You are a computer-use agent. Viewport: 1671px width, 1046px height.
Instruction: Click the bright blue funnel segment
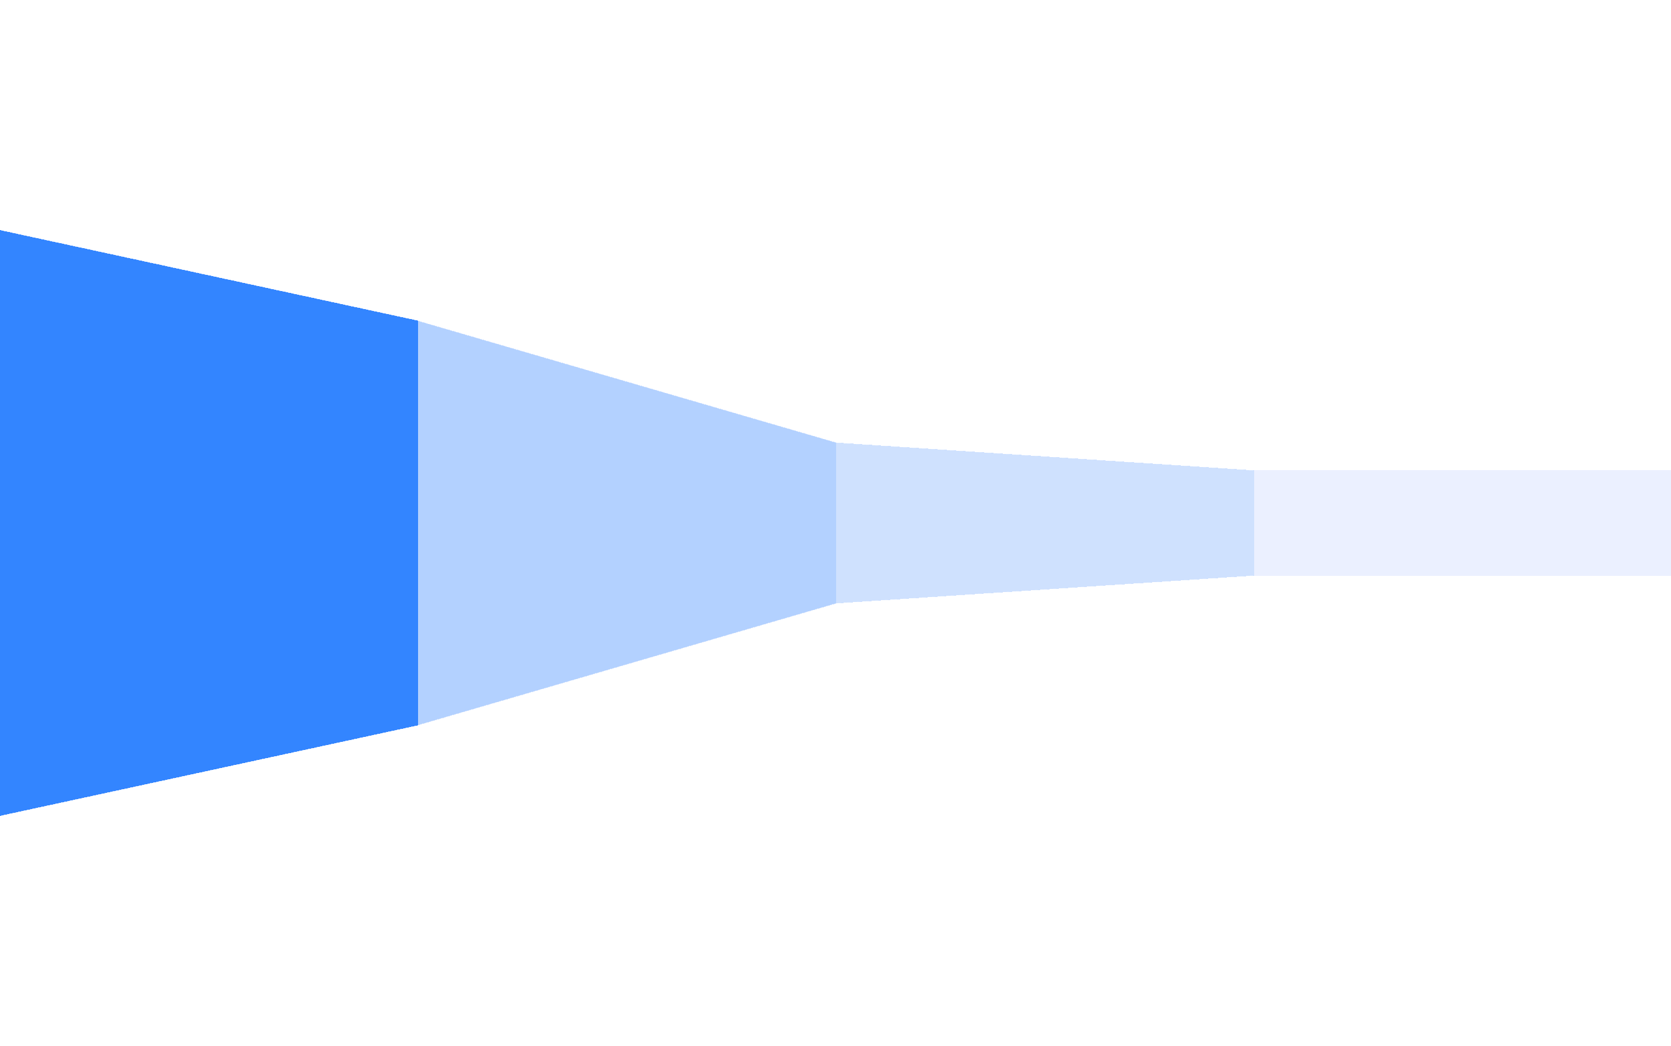(x=208, y=523)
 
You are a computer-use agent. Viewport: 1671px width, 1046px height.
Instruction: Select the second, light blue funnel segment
(x=626, y=523)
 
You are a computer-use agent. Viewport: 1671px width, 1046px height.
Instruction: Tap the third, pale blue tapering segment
(x=1045, y=523)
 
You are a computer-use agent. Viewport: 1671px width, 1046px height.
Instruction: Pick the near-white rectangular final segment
(x=1462, y=523)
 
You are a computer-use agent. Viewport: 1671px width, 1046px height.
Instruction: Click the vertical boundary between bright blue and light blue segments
(x=418, y=523)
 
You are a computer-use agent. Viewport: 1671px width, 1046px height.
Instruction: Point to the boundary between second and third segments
(x=836, y=523)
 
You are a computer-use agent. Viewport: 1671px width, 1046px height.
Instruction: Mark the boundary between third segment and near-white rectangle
(x=1254, y=523)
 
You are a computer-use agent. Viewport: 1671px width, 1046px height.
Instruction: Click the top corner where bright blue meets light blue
(x=418, y=321)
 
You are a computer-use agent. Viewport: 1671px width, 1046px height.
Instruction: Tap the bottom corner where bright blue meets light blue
(x=418, y=726)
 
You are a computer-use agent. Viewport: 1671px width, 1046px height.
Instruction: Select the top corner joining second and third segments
(x=836, y=443)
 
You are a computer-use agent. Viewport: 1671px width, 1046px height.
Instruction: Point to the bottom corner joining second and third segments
(x=836, y=603)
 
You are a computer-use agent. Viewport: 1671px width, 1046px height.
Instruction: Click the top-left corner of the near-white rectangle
(x=1254, y=470)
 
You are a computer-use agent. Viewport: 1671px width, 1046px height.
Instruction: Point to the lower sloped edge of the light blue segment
(x=626, y=665)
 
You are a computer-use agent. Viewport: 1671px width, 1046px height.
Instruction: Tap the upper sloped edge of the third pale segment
(x=1045, y=456)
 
